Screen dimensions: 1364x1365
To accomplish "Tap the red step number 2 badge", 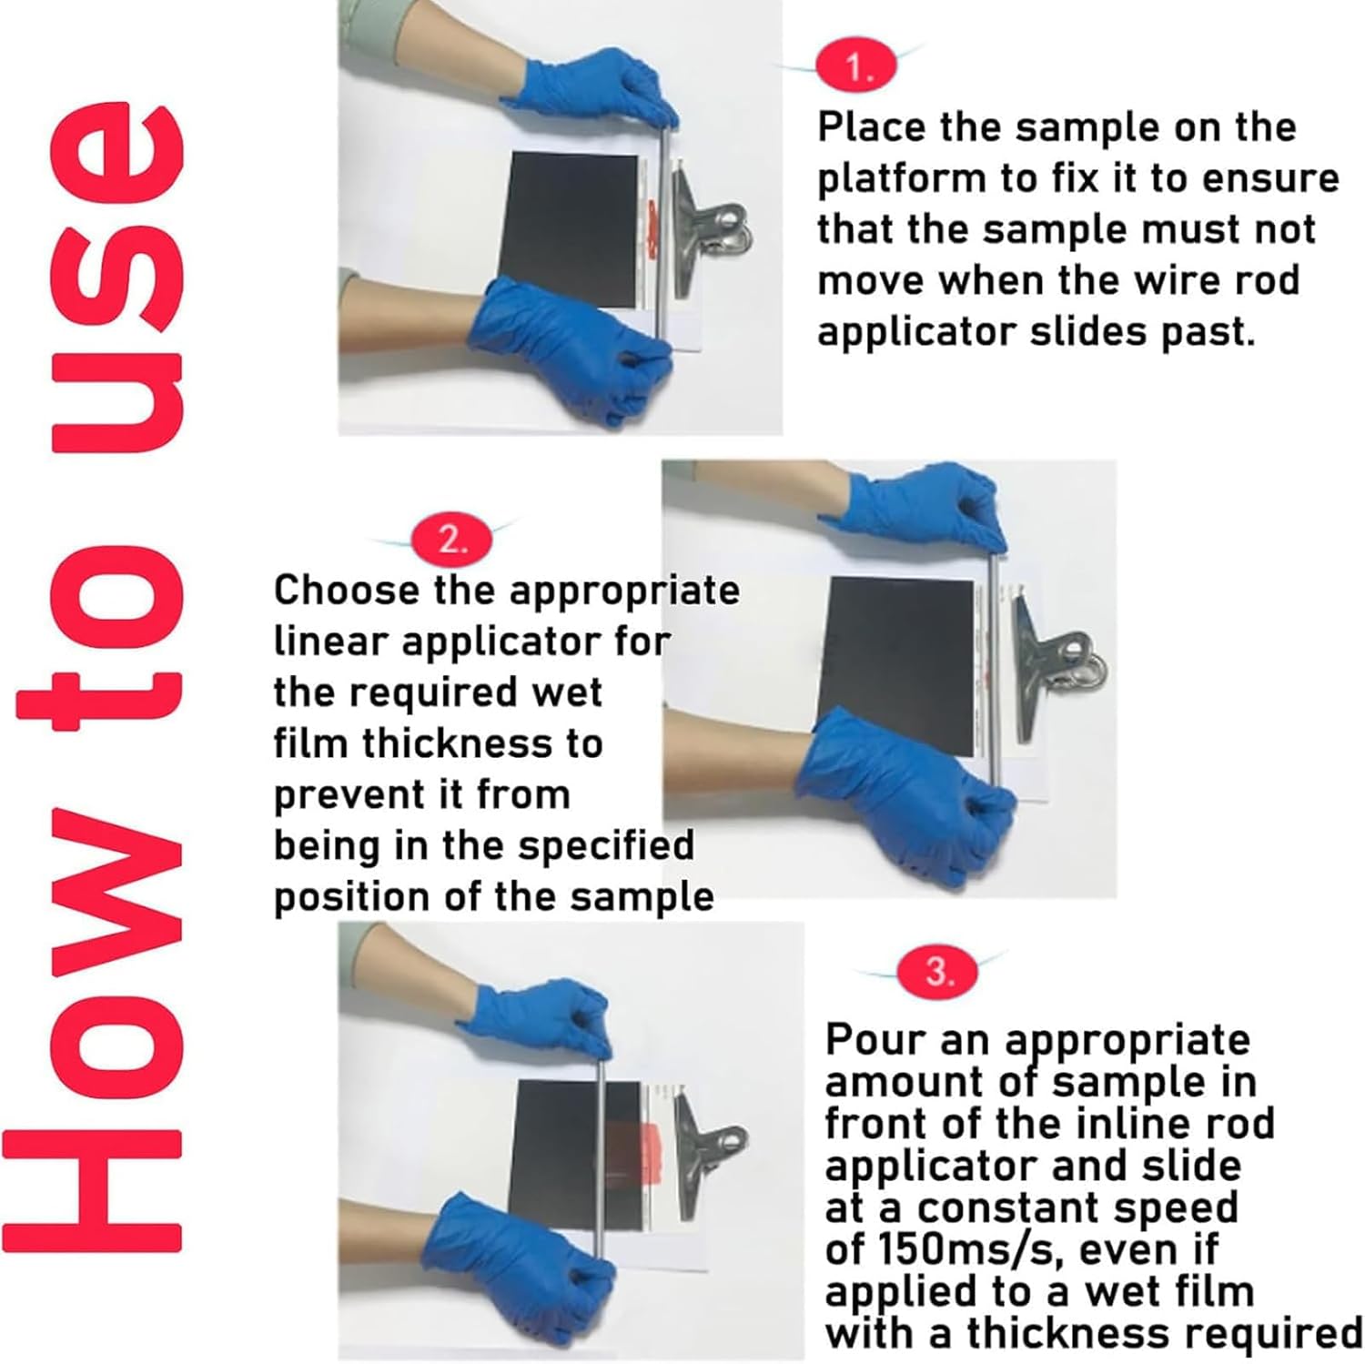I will point(451,541).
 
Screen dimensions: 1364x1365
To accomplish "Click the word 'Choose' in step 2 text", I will point(347,591).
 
